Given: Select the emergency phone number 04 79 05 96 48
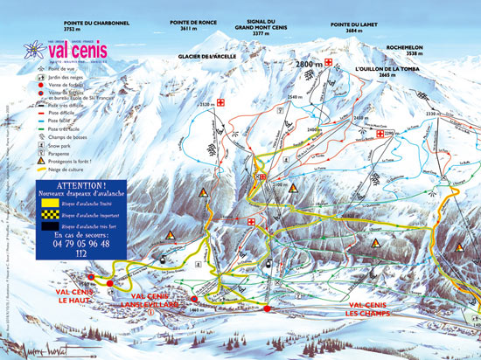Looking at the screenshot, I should pyautogui.click(x=80, y=244).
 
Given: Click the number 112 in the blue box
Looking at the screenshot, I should pyautogui.click(x=80, y=254).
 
